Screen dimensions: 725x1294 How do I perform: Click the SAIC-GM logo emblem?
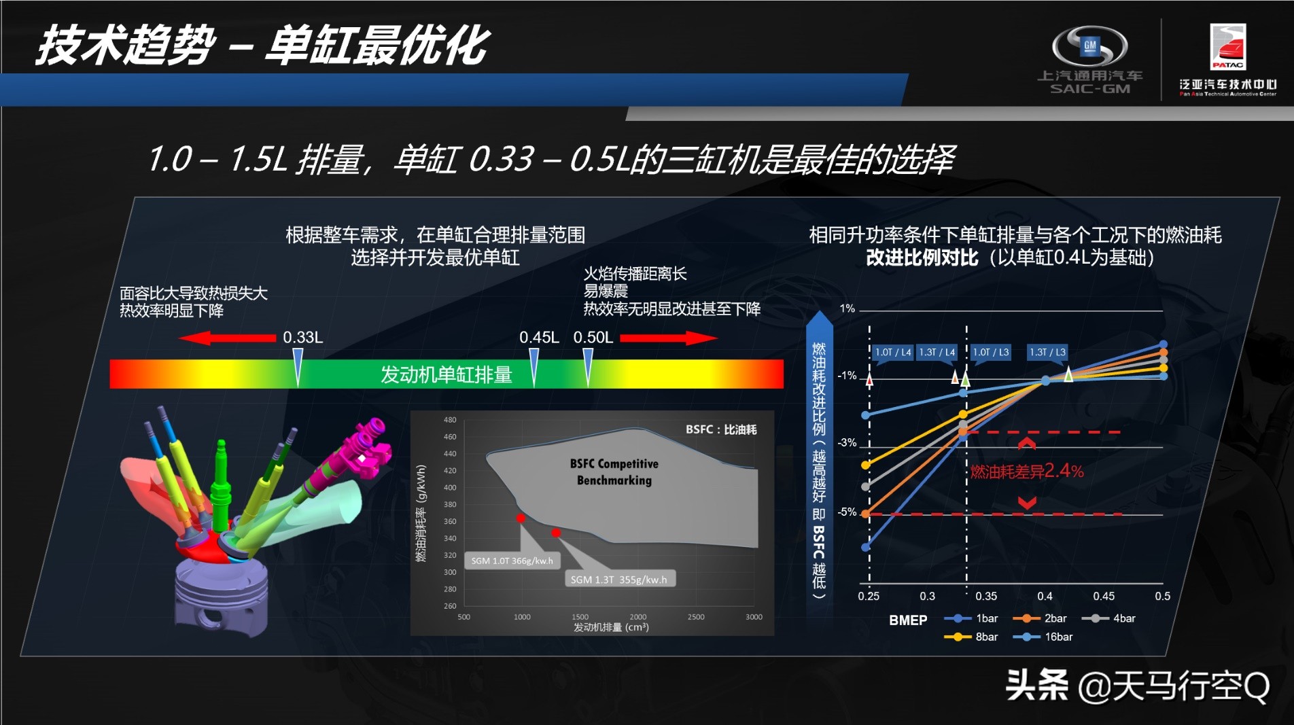(1089, 46)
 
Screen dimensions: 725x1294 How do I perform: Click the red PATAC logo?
(1227, 46)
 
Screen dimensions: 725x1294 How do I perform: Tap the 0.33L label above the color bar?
(302, 337)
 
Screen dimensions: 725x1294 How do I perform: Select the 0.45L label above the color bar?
(539, 337)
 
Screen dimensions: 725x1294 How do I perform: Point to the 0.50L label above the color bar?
(593, 337)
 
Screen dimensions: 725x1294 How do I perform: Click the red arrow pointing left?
(228, 338)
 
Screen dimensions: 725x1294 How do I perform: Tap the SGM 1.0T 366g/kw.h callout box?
(512, 561)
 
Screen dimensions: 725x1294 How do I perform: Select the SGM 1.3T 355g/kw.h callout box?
(618, 580)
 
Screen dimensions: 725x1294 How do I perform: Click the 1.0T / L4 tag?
(892, 352)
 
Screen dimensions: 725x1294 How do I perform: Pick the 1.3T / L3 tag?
(1047, 352)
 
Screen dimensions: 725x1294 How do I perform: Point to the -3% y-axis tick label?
(847, 443)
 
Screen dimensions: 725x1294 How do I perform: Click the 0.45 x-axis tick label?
(1103, 596)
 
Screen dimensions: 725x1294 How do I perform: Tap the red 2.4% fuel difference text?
(1027, 471)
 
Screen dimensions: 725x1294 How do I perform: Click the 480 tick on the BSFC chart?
(450, 420)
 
